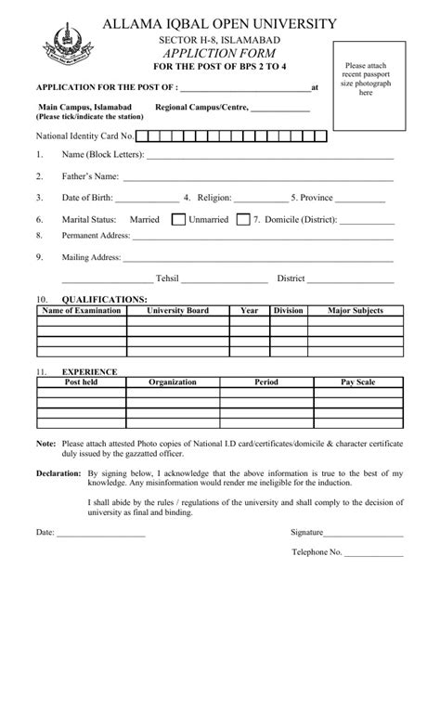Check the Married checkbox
[178, 220]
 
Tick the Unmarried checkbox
[243, 220]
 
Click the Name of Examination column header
[82, 311]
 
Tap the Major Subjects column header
[355, 311]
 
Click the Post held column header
[81, 381]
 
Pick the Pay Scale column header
[357, 381]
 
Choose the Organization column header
[172, 381]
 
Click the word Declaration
[58, 473]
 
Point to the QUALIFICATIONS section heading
[104, 300]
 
